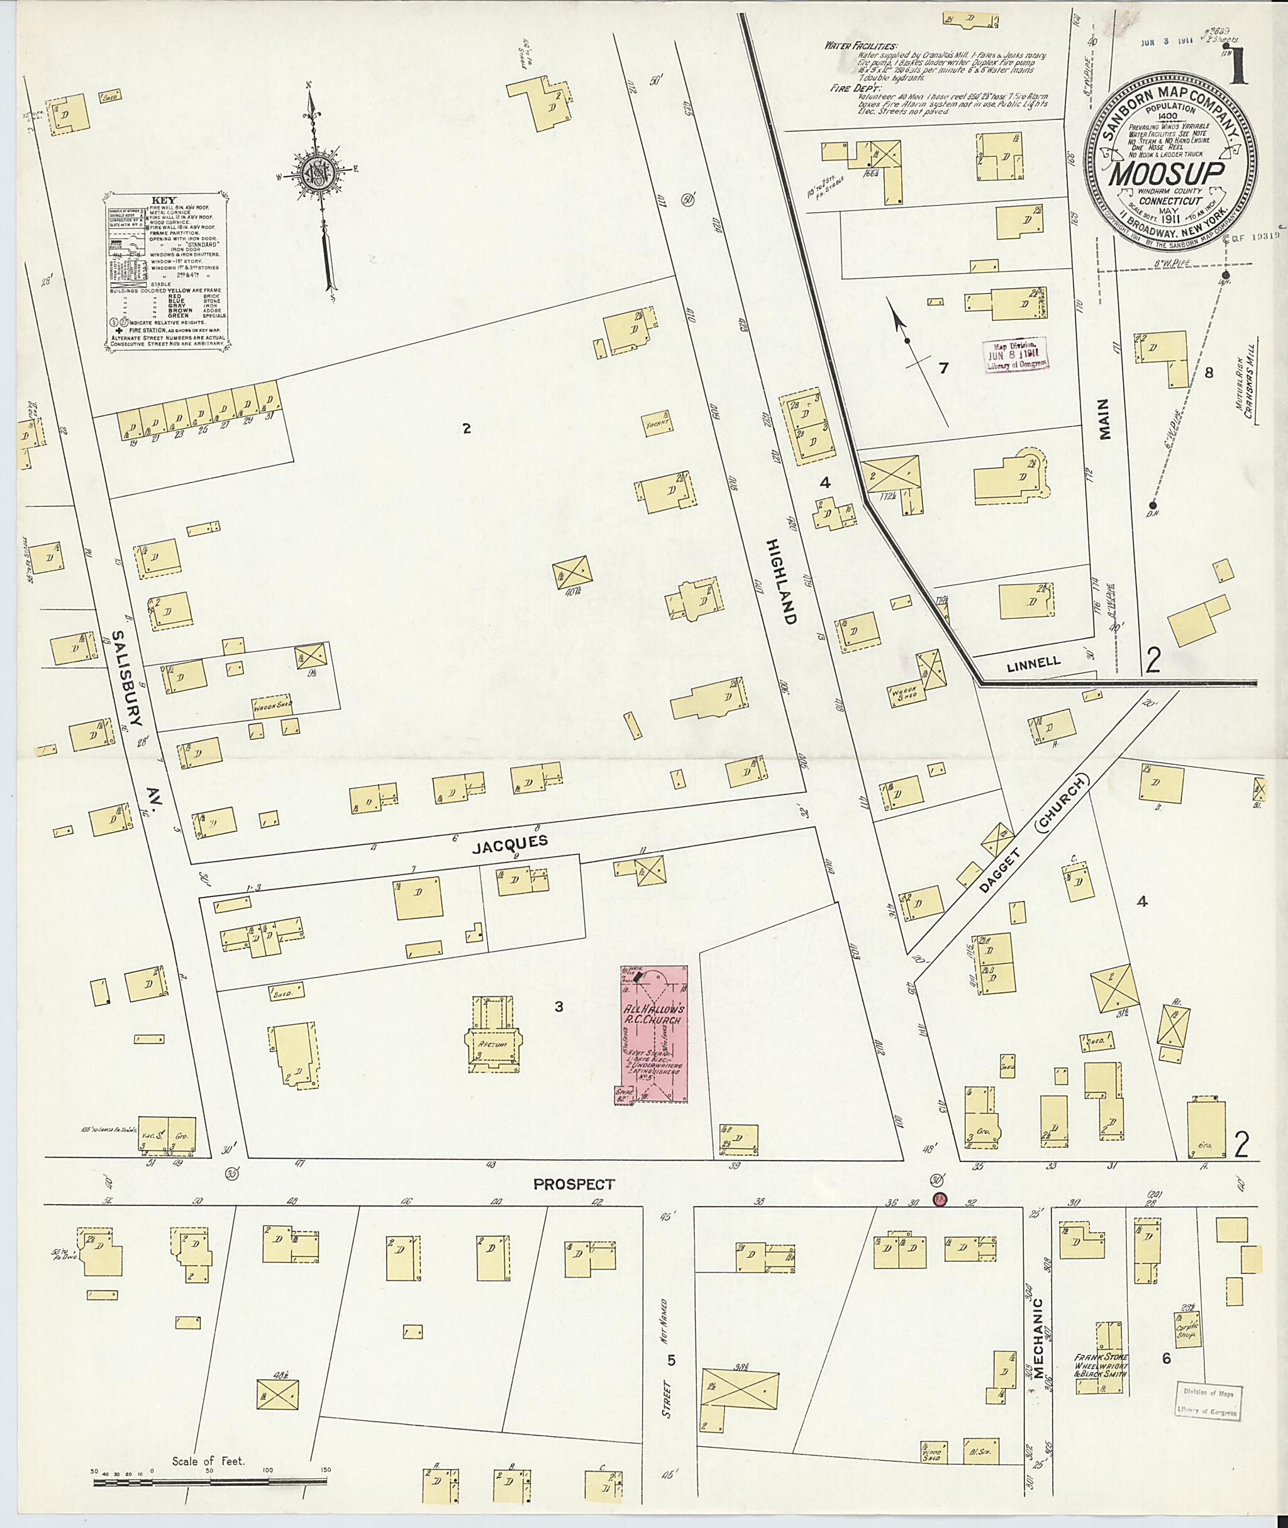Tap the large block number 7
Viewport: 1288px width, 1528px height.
tap(944, 367)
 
